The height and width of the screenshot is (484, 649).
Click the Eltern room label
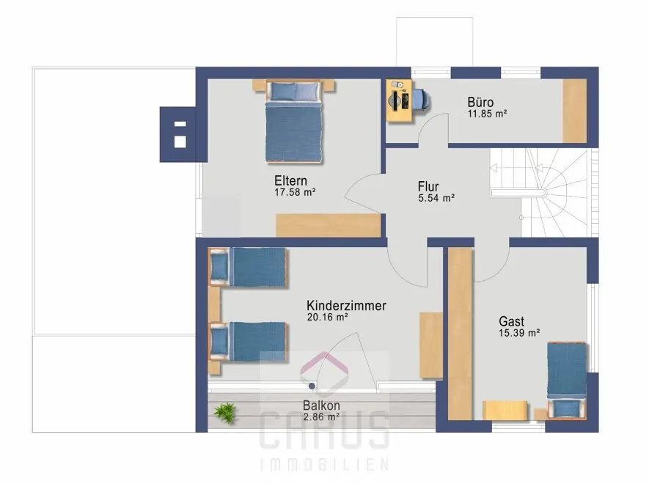tap(290, 181)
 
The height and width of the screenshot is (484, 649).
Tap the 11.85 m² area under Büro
tap(487, 114)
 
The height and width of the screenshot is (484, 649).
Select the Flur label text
tap(428, 186)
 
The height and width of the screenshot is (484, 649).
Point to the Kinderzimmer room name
tap(346, 306)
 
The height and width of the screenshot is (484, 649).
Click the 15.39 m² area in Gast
tap(519, 333)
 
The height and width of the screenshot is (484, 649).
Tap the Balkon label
tap(321, 406)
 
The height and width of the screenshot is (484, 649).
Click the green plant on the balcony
tap(225, 412)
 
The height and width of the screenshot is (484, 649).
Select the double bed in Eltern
tap(293, 121)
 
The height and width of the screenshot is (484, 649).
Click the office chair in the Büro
tap(420, 100)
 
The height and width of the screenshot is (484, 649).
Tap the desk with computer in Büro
tap(400, 100)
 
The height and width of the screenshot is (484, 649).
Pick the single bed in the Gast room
tap(567, 380)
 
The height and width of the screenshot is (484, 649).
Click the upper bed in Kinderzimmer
tap(248, 267)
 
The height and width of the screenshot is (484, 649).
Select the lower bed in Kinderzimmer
tap(248, 342)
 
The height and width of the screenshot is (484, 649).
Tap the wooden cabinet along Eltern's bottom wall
tap(329, 225)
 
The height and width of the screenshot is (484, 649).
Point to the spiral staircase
tap(539, 193)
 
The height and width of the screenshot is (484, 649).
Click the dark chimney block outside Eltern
tap(177, 134)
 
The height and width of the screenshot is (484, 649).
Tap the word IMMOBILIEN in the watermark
tap(324, 464)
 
